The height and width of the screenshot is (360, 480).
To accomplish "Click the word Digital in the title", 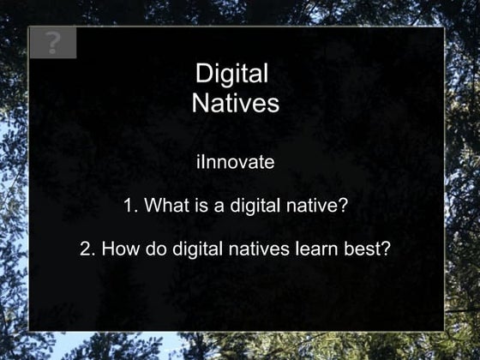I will [x=232, y=75].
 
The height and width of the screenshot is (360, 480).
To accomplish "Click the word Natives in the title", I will [x=236, y=104].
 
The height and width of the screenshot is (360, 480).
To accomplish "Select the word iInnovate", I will [x=235, y=161].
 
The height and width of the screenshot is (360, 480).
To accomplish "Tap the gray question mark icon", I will [x=52, y=43].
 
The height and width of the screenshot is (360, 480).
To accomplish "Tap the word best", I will [x=369, y=250].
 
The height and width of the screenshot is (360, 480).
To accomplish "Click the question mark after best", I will [x=387, y=250].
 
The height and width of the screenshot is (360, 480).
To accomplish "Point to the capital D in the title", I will [x=204, y=75].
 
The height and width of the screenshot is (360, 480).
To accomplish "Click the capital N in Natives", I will [x=201, y=104].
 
